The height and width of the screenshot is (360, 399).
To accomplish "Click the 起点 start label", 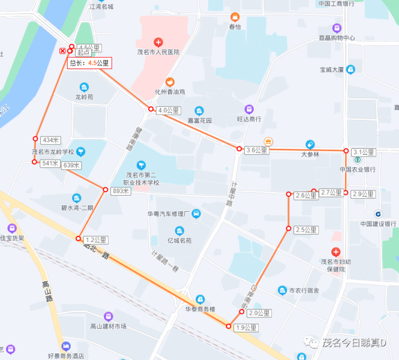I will tap(83, 53).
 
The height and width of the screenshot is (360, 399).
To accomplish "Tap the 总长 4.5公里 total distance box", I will tap(89, 62).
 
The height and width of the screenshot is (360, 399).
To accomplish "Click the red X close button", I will tap(62, 51).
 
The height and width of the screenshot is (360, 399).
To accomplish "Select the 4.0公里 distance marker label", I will tap(169, 110).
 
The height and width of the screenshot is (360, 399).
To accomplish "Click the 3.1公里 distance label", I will tap(364, 152).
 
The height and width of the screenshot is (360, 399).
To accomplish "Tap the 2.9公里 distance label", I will tap(363, 194).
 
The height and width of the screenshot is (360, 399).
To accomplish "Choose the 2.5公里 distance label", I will tap(306, 230).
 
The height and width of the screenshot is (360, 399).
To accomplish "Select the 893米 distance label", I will tap(121, 191).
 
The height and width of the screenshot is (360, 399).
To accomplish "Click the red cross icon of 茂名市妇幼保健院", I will tap(335, 251).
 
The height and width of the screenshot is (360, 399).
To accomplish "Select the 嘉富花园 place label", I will tap(200, 121).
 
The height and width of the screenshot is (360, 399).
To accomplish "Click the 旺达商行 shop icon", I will tap(248, 109).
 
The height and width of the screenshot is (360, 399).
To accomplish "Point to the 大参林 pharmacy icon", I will tap(310, 145).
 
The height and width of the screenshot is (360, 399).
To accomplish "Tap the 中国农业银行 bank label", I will tap(358, 169).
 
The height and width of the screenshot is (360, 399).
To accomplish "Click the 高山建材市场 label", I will tap(108, 326).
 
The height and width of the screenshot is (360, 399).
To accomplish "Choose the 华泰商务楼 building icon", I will tap(200, 299).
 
